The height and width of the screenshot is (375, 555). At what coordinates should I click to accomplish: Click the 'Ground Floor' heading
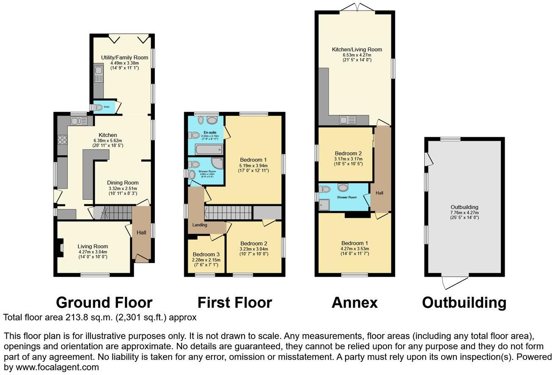click(x=104, y=302)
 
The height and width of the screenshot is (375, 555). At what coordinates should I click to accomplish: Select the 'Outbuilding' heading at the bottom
click(x=464, y=302)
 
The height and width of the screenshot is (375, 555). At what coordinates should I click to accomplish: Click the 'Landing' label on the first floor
click(x=200, y=225)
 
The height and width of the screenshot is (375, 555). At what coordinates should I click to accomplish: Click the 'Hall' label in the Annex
click(x=379, y=193)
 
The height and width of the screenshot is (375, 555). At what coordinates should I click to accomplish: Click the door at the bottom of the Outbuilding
click(x=454, y=282)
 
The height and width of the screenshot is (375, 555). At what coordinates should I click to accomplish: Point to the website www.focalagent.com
click(x=51, y=367)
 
